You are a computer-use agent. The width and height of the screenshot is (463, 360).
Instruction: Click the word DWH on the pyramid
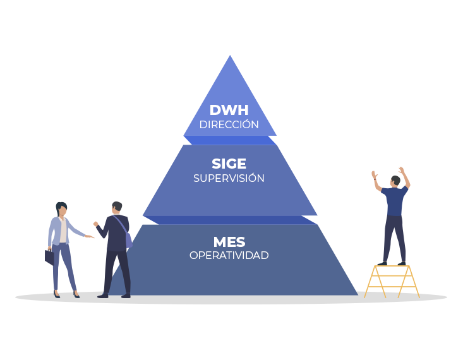point(229,110)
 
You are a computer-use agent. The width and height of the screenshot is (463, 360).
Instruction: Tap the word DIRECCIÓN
point(229,124)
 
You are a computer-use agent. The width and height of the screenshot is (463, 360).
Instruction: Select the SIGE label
point(229,164)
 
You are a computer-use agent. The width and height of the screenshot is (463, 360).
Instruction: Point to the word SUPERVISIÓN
point(229,178)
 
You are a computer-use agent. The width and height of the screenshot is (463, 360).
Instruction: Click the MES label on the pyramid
point(229,241)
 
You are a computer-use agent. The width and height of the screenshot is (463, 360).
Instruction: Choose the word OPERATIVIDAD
point(229,255)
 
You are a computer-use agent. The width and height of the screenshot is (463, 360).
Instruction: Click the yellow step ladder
point(392,281)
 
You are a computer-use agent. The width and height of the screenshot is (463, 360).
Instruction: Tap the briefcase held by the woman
point(49,256)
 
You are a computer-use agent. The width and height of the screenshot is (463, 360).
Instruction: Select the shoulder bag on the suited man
point(128,239)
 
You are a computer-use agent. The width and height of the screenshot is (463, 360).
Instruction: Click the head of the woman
point(61,208)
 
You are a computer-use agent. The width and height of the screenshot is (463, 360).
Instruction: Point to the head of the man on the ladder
point(395,181)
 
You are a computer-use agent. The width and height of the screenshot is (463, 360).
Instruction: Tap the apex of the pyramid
point(230,57)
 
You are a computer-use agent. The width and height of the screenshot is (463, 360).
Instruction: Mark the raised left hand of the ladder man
point(375,174)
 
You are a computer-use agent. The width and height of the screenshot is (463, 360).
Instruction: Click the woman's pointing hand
point(90,237)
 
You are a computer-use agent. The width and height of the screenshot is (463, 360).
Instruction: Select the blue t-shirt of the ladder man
point(395,201)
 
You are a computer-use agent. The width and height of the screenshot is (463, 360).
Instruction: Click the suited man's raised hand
point(95,224)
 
